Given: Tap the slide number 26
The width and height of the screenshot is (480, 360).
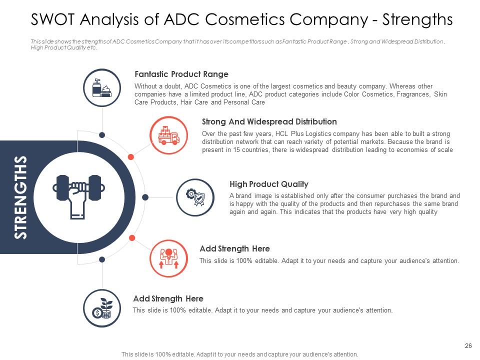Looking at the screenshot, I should (468, 345).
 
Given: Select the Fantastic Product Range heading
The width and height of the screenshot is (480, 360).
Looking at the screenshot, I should (181, 74).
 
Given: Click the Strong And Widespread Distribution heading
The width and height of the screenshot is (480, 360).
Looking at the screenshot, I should (269, 121).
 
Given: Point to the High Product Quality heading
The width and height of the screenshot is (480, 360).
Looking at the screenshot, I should (268, 184).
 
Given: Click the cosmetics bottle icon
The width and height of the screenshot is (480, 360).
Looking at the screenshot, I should (102, 87).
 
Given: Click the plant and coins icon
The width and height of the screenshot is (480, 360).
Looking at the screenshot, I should (102, 307).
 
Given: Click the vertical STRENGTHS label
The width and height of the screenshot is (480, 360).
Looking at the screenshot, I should (20, 197).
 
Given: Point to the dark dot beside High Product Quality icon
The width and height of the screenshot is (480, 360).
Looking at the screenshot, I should (145, 196).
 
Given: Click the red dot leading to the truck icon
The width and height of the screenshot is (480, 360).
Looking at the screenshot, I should (131, 157).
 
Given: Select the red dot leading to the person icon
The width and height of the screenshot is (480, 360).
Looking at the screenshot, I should (132, 237).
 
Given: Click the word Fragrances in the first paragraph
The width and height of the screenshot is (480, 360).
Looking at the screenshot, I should (413, 94).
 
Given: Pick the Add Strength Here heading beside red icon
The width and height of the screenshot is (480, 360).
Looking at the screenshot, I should (234, 248).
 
